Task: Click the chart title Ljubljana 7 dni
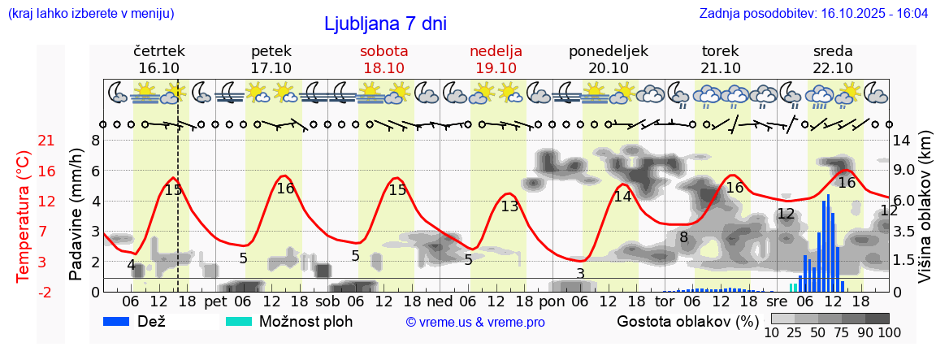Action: [x=385, y=24]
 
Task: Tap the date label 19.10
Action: [x=496, y=68]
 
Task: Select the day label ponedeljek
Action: [x=609, y=51]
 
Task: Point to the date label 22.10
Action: [x=833, y=68]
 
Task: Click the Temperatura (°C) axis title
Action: [x=24, y=216]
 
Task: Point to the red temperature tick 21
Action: [x=46, y=141]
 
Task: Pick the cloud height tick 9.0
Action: [x=904, y=171]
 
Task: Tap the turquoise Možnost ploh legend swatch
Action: [x=239, y=321]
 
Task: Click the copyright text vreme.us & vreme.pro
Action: [x=475, y=322]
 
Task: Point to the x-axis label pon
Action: [x=552, y=301]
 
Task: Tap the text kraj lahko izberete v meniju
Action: [x=90, y=14]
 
